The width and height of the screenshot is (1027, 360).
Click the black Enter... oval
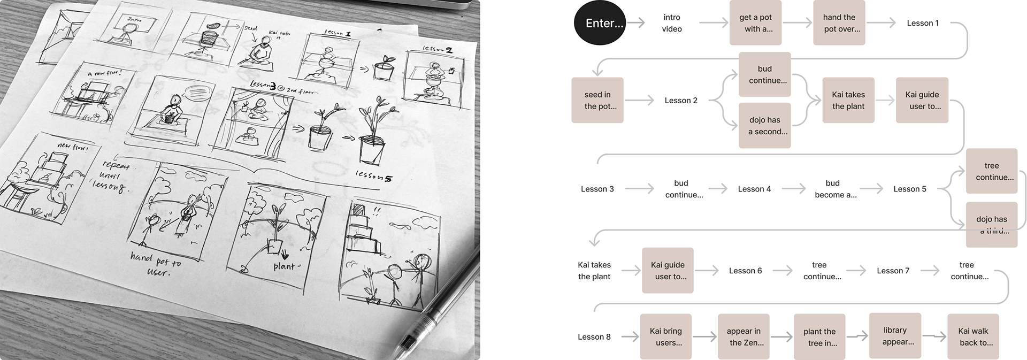coord(600,23)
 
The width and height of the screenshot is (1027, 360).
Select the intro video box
coord(671,23)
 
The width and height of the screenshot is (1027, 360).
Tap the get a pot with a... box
coord(755,23)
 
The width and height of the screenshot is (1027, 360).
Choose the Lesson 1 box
coord(923,23)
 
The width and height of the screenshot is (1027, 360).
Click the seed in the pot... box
coord(597,101)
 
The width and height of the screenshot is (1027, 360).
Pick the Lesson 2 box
coord(681,101)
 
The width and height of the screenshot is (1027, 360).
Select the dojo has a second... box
coord(765,126)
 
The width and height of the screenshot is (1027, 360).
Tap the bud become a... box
coord(832,189)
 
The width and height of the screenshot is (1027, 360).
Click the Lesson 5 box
coord(910,189)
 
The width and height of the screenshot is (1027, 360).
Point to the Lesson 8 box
coord(594,337)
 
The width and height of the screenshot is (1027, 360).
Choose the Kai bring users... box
coord(666,337)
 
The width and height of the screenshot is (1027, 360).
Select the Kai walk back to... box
coord(973,337)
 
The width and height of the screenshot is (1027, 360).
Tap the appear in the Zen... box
coord(744,337)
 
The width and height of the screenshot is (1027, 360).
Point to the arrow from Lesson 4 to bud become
coord(793,189)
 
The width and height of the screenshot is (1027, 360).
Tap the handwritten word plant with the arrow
coord(287,265)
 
